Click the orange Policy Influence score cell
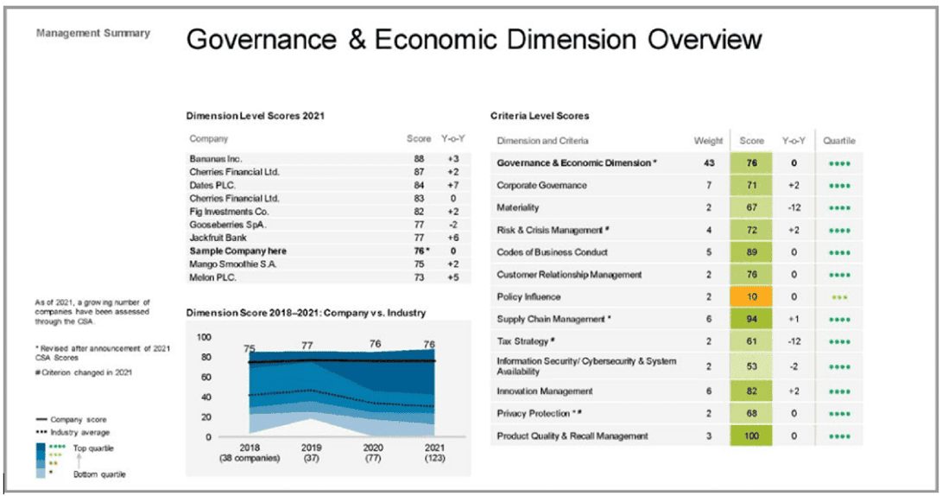[752, 296]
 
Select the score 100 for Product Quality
[752, 436]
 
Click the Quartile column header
[839, 141]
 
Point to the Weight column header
[709, 141]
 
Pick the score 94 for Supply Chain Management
[752, 319]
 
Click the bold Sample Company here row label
[237, 251]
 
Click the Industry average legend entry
[79, 432]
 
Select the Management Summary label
[92, 34]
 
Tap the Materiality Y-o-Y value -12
[793, 207]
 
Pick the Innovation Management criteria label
[545, 391]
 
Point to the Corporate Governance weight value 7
[709, 185]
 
